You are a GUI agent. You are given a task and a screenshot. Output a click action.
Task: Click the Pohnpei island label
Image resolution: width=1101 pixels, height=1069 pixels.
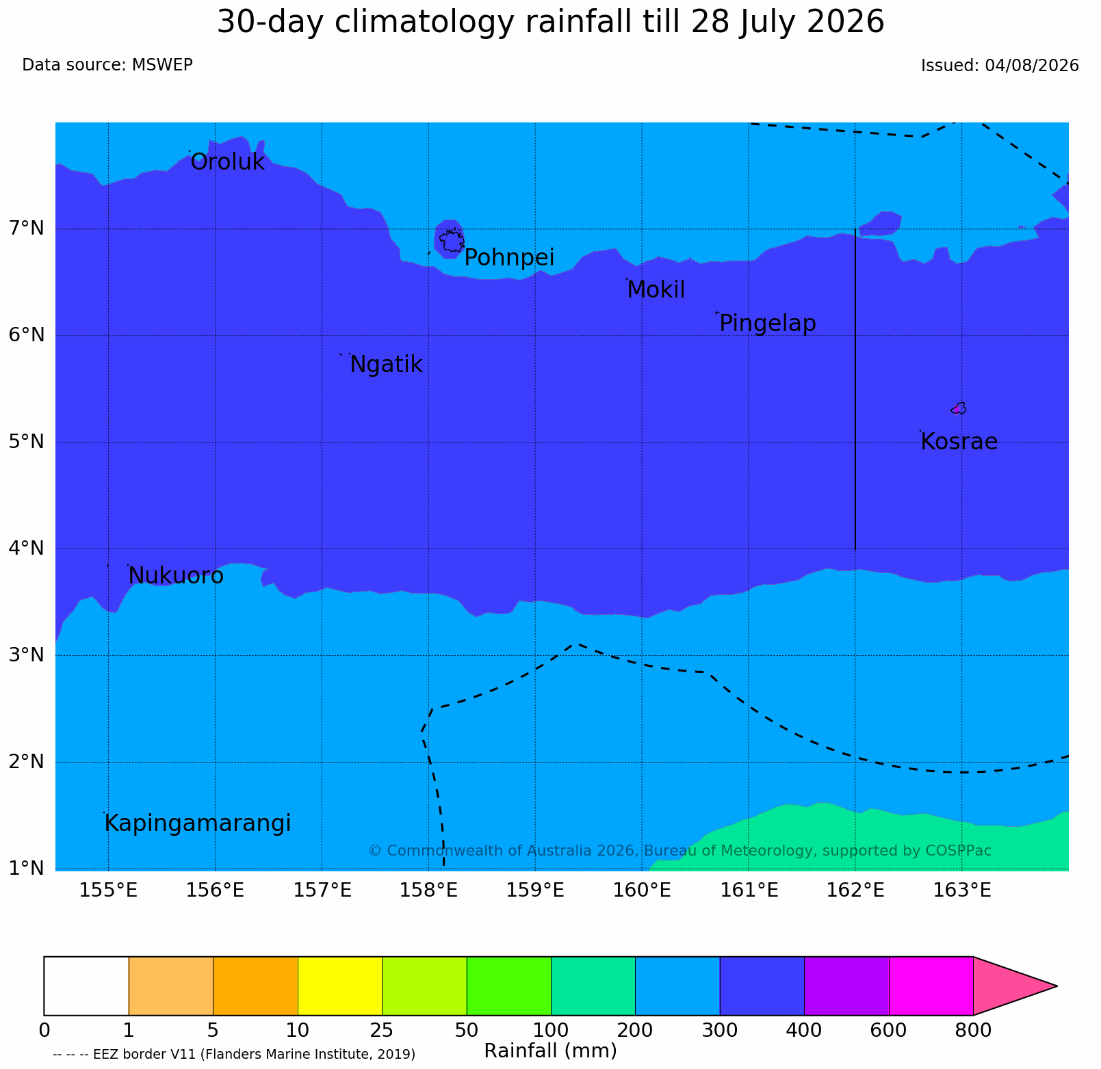tap(509, 259)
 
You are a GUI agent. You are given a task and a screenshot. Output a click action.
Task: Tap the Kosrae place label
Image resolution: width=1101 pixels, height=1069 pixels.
tap(959, 442)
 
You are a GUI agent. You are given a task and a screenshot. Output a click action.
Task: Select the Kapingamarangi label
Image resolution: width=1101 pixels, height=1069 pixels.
tap(198, 823)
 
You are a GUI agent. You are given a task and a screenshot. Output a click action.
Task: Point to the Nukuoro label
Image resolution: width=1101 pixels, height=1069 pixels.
tap(176, 576)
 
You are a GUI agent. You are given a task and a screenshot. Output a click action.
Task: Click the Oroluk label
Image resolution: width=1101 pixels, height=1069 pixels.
tap(227, 162)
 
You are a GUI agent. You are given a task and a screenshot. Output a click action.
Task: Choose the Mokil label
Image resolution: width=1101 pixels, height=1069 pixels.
tap(656, 290)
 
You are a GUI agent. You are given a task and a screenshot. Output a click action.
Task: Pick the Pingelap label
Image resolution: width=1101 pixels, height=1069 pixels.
tap(768, 324)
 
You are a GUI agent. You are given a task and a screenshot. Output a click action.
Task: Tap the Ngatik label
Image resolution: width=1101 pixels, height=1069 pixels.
tap(386, 365)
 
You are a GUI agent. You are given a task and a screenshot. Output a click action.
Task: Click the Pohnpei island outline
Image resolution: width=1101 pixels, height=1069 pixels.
tap(452, 241)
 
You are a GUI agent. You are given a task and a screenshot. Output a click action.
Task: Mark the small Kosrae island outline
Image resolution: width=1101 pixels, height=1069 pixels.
tap(959, 408)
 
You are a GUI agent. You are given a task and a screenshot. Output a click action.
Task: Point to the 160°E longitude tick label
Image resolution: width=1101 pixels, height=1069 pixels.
tap(643, 890)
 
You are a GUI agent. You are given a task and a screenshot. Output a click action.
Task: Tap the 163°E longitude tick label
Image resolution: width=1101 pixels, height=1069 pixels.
tap(963, 890)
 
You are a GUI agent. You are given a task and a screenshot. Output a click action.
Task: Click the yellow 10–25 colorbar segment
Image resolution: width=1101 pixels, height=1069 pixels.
tap(340, 986)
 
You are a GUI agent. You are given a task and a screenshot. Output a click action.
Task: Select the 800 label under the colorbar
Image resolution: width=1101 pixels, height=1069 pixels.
tap(972, 1030)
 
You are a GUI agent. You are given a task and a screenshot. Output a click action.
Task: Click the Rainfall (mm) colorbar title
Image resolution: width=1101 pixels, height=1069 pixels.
tap(550, 1051)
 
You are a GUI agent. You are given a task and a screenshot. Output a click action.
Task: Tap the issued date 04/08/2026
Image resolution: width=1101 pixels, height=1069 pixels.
tap(1032, 66)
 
